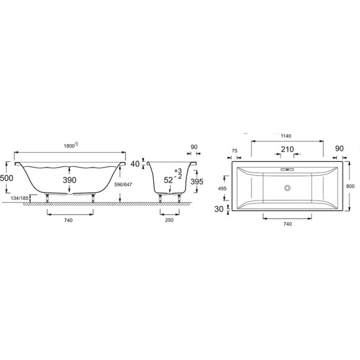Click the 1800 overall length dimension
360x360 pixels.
pos(70,145)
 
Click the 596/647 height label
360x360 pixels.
pos(124,184)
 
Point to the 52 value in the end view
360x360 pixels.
pos(167,180)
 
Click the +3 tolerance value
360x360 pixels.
pos(179,170)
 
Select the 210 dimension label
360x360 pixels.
pos(287,150)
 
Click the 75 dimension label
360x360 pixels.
pos(235,150)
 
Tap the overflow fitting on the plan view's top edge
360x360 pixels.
pos(287,169)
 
